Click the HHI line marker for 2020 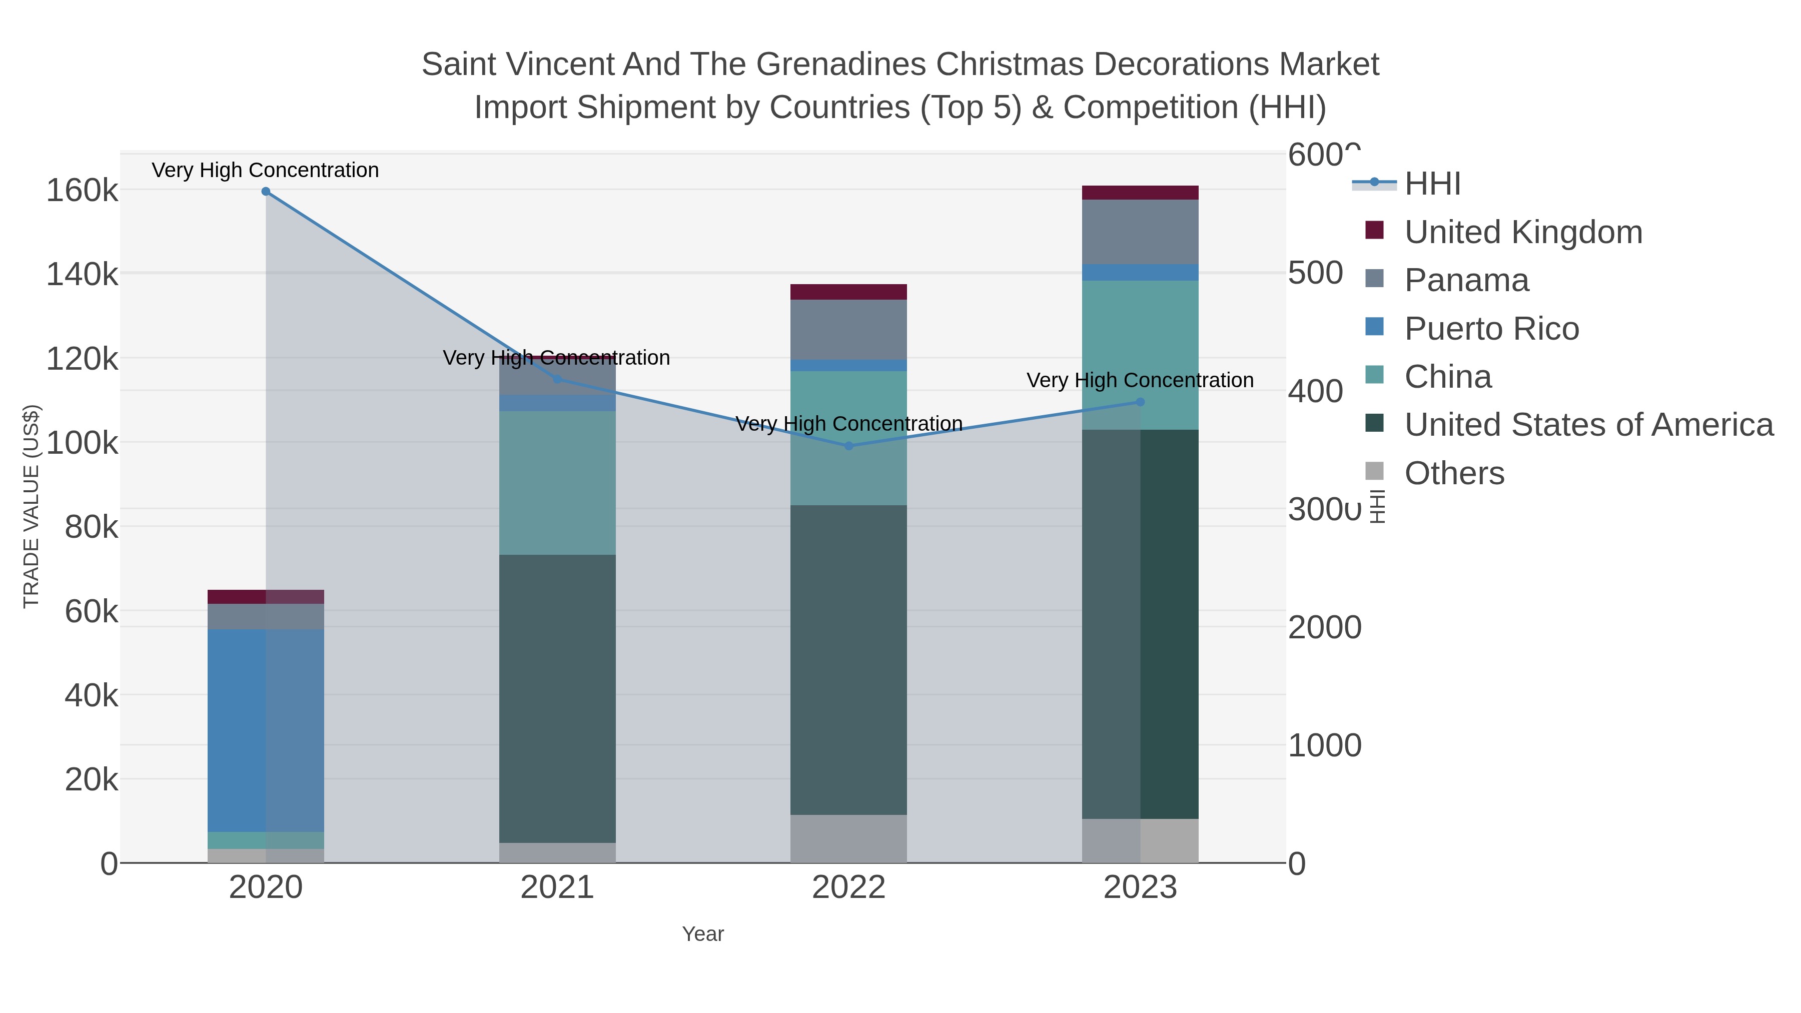tap(266, 192)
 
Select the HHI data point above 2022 tap(849, 446)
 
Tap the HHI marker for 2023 tap(1140, 402)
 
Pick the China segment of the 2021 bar tap(557, 482)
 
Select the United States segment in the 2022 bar tap(849, 659)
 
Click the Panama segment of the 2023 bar tap(1140, 232)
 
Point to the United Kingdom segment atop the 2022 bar tap(849, 292)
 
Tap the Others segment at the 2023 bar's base tap(1140, 840)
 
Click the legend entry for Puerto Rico tap(1491, 329)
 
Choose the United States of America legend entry tap(1588, 425)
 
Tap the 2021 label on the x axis tap(557, 888)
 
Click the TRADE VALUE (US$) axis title tap(32, 506)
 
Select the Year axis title tap(703, 934)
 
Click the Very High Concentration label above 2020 tap(266, 170)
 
